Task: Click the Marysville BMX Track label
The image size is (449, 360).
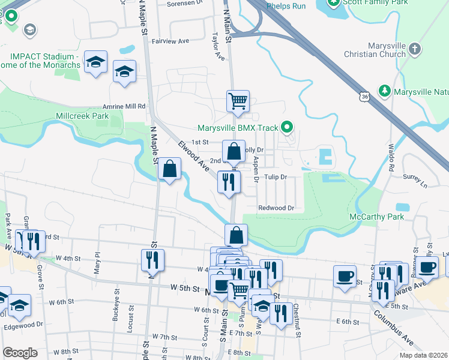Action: (x=239, y=128)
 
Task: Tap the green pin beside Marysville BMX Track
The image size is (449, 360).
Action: (x=288, y=127)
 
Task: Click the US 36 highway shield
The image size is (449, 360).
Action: (x=366, y=96)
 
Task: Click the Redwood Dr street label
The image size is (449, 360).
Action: (x=276, y=208)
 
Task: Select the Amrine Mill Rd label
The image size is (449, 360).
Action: (x=124, y=106)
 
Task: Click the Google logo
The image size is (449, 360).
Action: (x=20, y=353)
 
